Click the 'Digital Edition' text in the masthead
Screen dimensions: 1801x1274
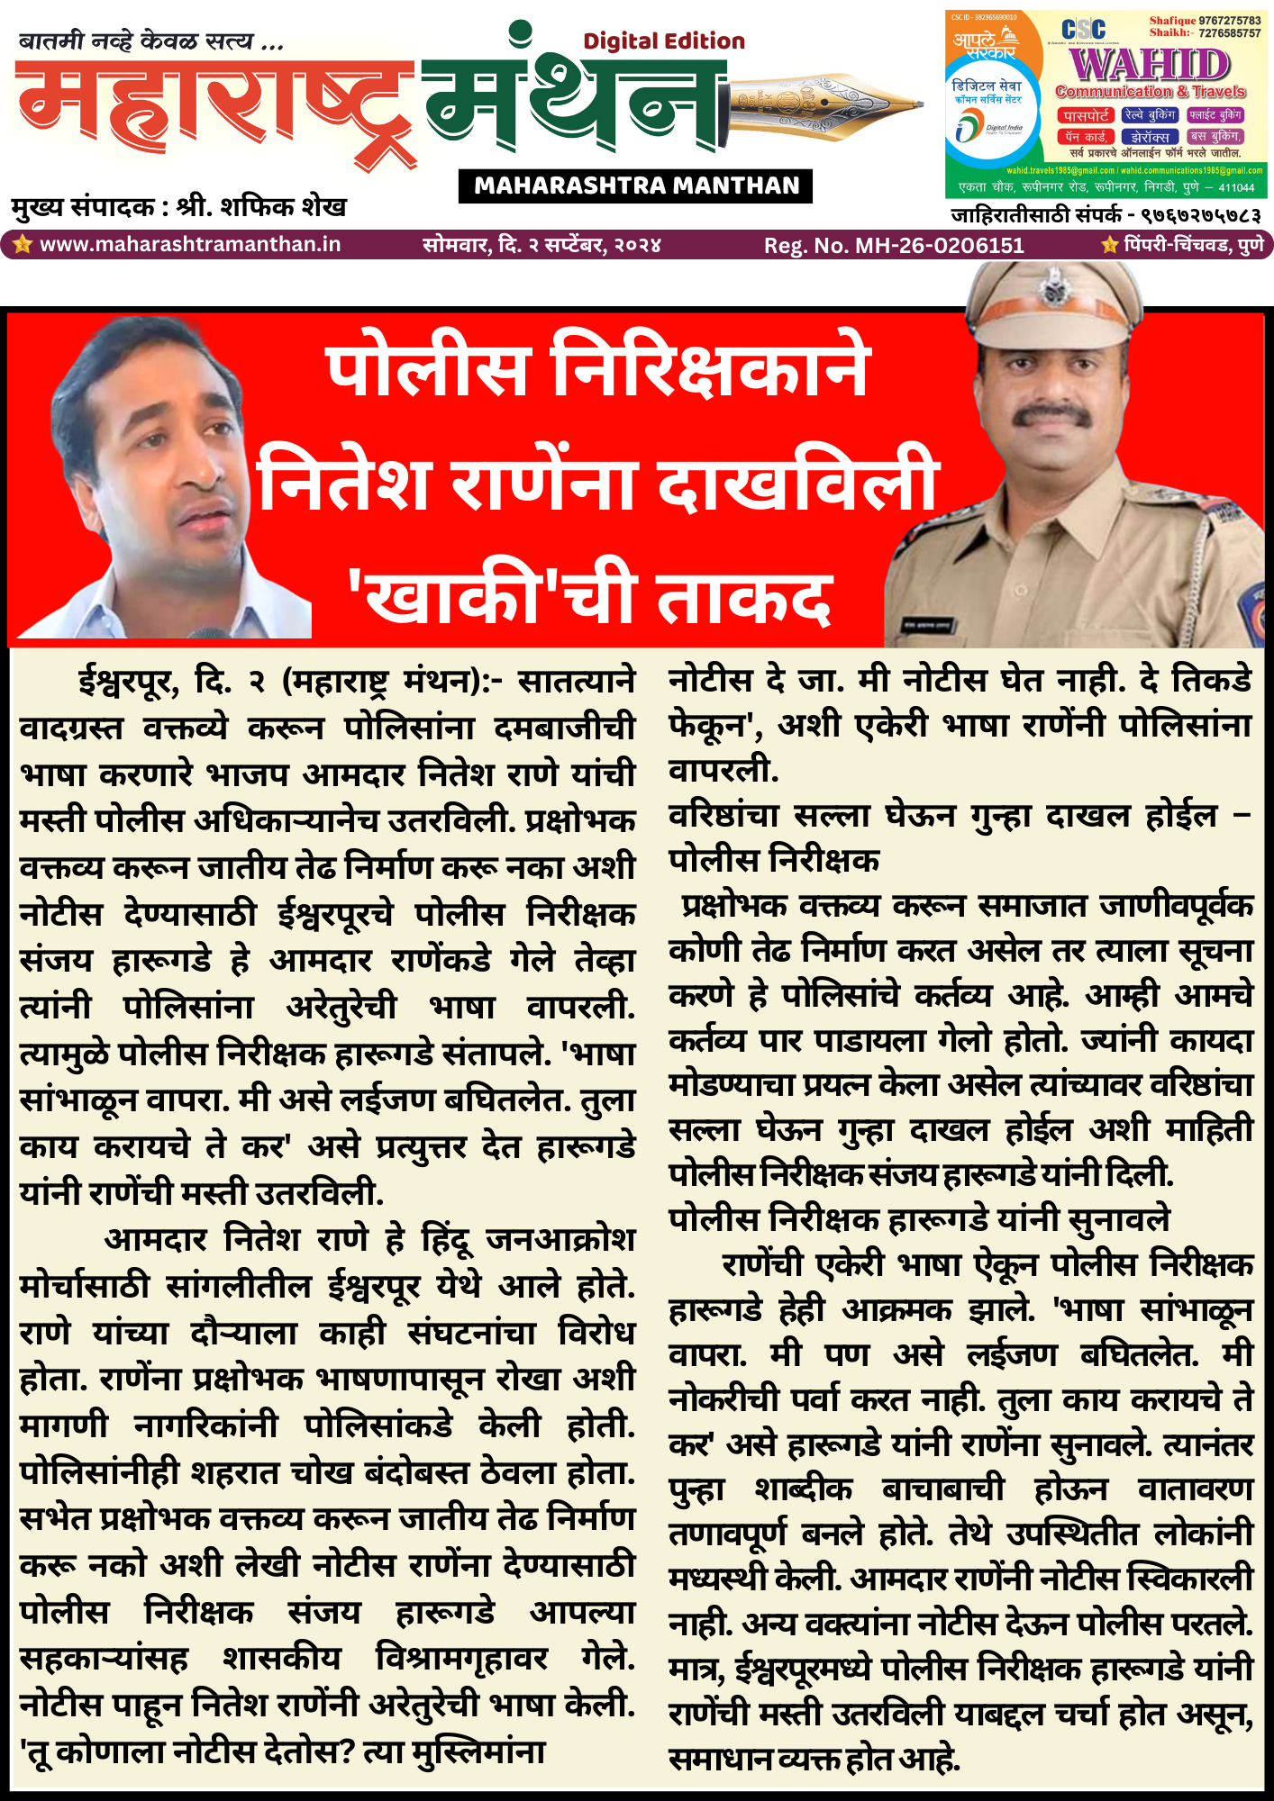664,41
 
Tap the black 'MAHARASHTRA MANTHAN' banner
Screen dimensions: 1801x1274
636,186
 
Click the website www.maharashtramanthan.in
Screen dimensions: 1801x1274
190,244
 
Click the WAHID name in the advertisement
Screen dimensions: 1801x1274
1150,65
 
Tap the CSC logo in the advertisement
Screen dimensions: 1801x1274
1083,30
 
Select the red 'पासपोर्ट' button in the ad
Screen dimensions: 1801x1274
1087,115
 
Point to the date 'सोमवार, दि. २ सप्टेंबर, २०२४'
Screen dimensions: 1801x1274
541,245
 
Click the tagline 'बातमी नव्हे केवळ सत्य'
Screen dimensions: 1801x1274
150,41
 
